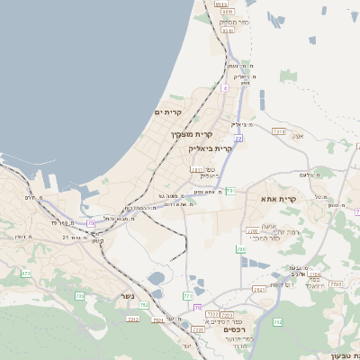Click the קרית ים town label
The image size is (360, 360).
click(167, 112)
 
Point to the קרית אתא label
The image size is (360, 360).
click(278, 198)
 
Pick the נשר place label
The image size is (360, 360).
click(129, 296)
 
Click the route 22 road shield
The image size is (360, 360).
click(238, 139)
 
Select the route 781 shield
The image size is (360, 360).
click(230, 191)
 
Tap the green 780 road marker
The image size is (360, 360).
click(240, 249)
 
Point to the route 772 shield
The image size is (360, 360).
click(188, 295)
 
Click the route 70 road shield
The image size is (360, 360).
click(197, 308)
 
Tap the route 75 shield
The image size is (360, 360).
click(90, 222)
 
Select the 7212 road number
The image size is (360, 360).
click(133, 319)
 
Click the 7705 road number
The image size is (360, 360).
click(337, 284)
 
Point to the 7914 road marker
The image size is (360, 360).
click(278, 131)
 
